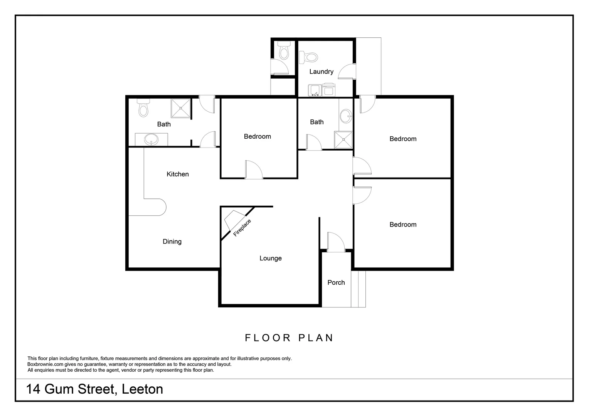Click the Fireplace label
point(242,227)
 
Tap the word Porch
point(336,282)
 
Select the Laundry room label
point(321,72)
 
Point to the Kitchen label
point(177,174)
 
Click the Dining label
point(172,242)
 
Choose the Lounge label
point(270,258)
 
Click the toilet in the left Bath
point(143,109)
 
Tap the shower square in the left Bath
point(181,109)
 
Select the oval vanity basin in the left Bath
point(151,139)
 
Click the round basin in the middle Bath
point(346,116)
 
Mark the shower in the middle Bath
point(343,140)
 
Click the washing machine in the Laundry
point(329,90)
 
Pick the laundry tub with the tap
point(315,91)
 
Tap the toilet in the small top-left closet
point(284,51)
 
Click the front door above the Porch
point(335,243)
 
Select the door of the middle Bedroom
point(253,170)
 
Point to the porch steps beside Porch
point(358,289)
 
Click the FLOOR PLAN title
point(289,338)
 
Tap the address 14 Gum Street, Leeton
point(94,389)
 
